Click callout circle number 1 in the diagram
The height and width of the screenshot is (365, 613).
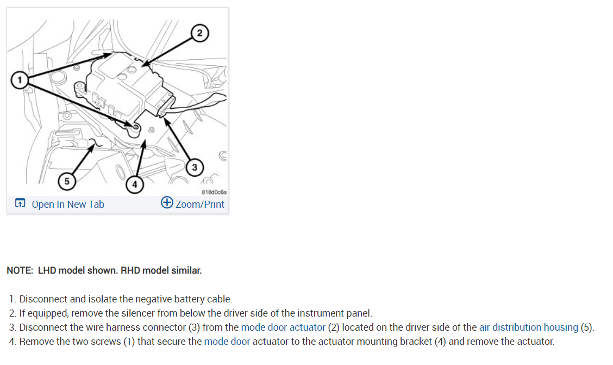click(20, 81)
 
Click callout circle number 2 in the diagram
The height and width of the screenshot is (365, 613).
click(199, 34)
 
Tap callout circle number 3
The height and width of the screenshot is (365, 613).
click(194, 166)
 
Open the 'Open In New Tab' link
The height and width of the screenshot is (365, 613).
click(67, 205)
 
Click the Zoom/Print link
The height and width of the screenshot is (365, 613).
click(199, 205)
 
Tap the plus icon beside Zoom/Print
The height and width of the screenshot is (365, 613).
click(167, 203)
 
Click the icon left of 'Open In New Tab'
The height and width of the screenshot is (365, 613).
click(20, 204)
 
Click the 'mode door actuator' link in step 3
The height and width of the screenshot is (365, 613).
click(283, 327)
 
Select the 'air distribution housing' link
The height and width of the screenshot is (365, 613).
click(528, 327)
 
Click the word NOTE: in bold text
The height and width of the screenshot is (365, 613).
click(20, 270)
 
